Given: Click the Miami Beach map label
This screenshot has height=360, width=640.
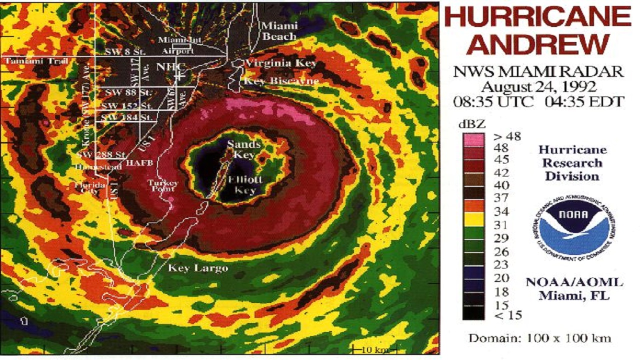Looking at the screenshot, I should (x=279, y=31).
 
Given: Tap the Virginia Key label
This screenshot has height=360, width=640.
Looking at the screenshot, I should (x=280, y=63).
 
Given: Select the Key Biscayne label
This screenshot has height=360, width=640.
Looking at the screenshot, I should (x=280, y=81).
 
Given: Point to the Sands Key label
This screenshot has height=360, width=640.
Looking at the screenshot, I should (x=244, y=149).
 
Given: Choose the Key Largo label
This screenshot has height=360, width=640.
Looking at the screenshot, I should (x=198, y=268).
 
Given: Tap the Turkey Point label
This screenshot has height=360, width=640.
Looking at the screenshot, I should (x=162, y=186).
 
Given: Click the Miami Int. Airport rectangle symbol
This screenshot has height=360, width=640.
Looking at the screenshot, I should (x=181, y=45).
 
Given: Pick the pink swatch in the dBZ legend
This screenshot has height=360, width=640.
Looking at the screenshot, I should (x=473, y=139).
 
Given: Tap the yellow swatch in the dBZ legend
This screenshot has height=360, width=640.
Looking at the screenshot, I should (x=473, y=218).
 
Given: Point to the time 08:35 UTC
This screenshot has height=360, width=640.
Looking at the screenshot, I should (x=487, y=101).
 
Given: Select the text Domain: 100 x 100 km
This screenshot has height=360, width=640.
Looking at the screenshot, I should (x=539, y=338).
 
